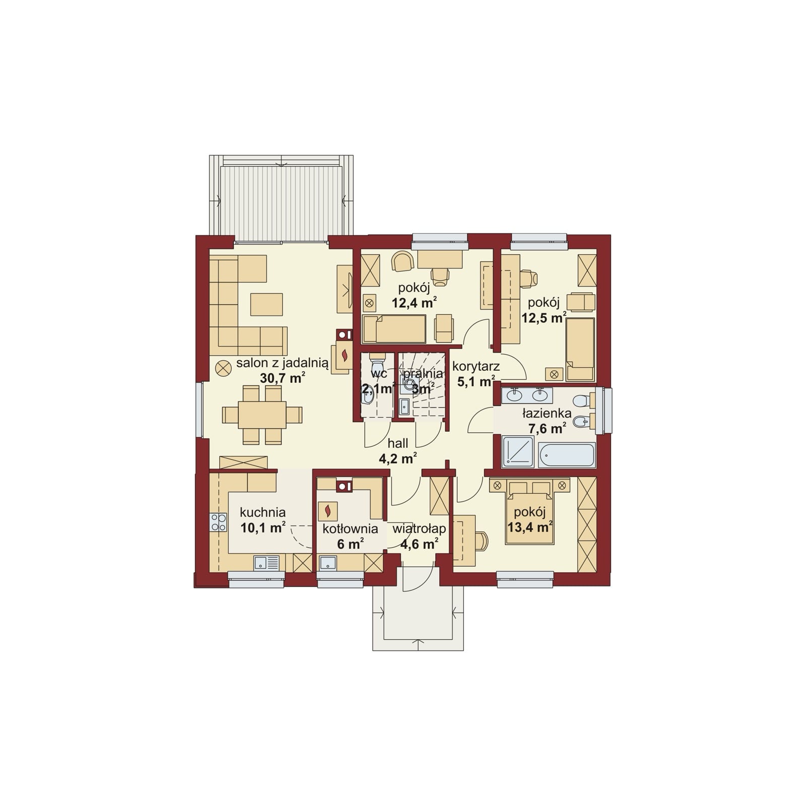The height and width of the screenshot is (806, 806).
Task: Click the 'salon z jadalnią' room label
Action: [282, 363]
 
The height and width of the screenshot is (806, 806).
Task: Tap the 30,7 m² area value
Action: [282, 378]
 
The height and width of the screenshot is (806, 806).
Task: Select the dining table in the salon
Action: [262, 415]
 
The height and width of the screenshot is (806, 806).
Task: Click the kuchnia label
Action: [262, 512]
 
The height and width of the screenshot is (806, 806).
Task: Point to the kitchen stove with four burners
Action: [219, 522]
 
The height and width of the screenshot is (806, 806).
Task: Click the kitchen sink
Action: [266, 563]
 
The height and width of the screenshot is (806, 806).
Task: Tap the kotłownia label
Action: [350, 529]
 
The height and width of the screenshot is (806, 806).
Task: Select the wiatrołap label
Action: [419, 529]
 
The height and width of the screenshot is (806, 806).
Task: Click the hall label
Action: [397, 443]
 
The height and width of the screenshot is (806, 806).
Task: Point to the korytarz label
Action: [476, 366]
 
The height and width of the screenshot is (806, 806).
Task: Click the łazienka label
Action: [547, 414]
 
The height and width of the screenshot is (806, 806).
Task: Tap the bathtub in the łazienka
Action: [567, 455]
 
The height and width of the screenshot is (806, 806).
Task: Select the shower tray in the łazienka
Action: [518, 451]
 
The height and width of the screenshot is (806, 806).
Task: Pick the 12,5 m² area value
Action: [544, 318]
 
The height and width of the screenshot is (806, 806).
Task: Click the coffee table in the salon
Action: [266, 304]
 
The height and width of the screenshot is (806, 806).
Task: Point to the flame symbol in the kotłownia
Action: [328, 511]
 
